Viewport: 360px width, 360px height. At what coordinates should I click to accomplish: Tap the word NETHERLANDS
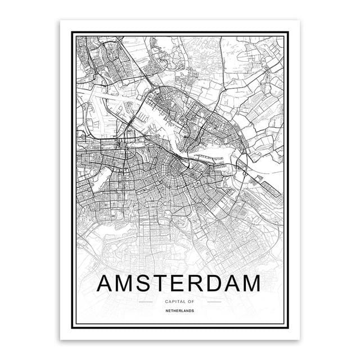pyautogui.click(x=180, y=310)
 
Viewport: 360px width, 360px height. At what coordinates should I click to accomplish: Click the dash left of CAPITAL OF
pyautogui.click(x=145, y=302)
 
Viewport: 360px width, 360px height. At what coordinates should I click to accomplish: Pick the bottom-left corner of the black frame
pyautogui.click(x=69, y=331)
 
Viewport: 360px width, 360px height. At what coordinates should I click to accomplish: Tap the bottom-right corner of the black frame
pyautogui.click(x=291, y=331)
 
